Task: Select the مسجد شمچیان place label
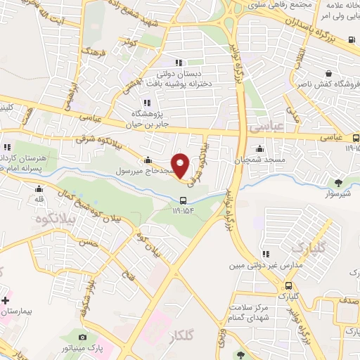pos(261,161)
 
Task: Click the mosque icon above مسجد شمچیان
pos(260,148)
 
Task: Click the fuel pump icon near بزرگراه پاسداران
pos(351,39)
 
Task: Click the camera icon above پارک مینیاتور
pos(84,338)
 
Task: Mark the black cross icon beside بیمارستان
pos(6,291)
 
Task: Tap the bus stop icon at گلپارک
pos(289,285)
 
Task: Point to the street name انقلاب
pos(300,57)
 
